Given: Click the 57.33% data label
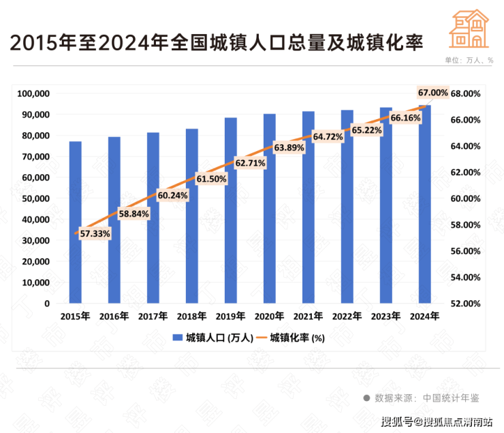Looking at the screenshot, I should pyautogui.click(x=95, y=234).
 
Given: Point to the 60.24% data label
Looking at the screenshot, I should pyautogui.click(x=172, y=195).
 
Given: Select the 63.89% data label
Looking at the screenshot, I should pyautogui.click(x=289, y=147).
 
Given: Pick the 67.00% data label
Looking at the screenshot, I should pyautogui.click(x=433, y=92).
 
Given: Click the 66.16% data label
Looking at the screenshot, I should pyautogui.click(x=405, y=118).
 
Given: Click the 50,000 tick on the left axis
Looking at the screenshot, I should pyautogui.click(x=36, y=198).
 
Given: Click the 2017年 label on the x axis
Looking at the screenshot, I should pyautogui.click(x=153, y=317).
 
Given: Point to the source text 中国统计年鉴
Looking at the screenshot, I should pyautogui.click(x=450, y=398).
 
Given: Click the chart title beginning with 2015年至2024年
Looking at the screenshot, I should pyautogui.click(x=214, y=42).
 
